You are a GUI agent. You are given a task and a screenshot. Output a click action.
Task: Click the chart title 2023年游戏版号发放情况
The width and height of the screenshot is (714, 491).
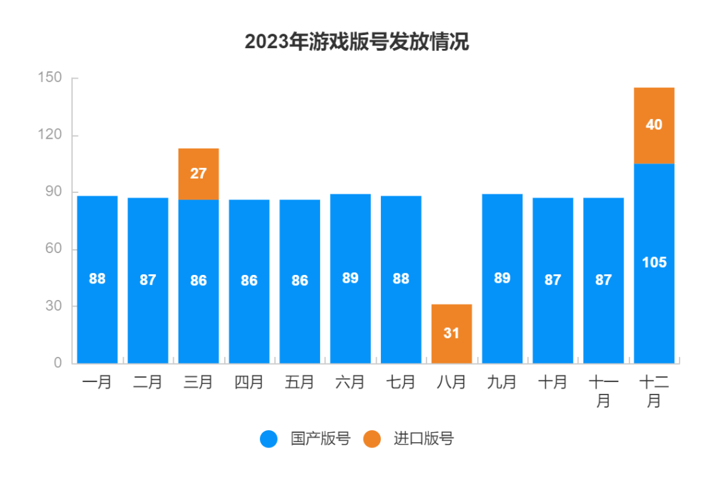(x=356, y=42)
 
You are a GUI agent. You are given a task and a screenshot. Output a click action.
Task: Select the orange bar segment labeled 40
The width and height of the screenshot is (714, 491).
(x=654, y=126)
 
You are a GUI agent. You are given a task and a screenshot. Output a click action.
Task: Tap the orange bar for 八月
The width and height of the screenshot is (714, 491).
(x=452, y=333)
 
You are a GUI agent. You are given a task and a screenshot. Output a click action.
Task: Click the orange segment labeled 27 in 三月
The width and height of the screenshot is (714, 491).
(x=198, y=174)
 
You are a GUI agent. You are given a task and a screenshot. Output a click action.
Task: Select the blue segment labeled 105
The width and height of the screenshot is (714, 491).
(x=654, y=263)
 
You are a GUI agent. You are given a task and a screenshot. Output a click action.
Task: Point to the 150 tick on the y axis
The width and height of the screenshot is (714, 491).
(x=50, y=78)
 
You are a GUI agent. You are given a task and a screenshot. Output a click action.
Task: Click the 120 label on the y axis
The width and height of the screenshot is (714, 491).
(x=50, y=135)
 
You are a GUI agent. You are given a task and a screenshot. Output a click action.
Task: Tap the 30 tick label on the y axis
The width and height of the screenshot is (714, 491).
(x=53, y=306)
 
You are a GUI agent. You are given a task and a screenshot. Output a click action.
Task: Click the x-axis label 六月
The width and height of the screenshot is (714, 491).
(x=350, y=382)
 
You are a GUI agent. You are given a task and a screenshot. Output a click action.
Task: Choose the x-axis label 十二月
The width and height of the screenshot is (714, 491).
(x=654, y=391)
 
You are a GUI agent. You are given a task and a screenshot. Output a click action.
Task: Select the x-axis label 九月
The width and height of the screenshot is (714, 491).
(x=502, y=382)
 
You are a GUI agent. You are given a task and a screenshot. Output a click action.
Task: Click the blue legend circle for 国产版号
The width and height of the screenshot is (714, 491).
(x=269, y=439)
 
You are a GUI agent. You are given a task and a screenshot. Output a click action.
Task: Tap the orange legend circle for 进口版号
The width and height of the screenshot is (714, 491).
(x=372, y=439)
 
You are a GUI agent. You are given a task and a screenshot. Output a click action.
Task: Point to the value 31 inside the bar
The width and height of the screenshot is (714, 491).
(x=452, y=333)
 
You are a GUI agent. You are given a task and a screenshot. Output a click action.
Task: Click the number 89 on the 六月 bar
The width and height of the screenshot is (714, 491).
(x=350, y=278)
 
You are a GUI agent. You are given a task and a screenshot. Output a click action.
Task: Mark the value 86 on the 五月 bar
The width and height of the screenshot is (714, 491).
(x=299, y=281)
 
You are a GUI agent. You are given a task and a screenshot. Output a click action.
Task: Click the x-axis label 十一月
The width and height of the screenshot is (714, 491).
(x=603, y=391)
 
